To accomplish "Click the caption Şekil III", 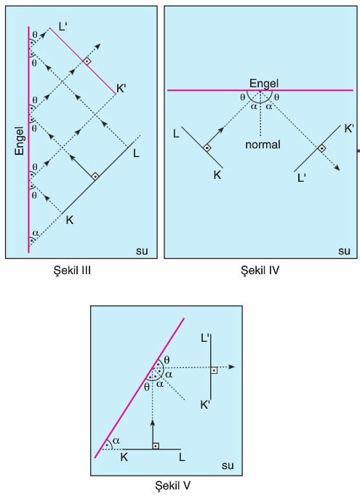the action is tap(73, 271).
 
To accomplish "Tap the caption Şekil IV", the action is tap(260, 271).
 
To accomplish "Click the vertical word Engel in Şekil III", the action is tap(20, 141).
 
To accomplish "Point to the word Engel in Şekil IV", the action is tap(264, 84).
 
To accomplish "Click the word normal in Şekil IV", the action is tap(263, 145).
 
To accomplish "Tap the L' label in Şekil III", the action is tap(63, 27).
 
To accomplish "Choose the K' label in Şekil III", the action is tap(121, 89).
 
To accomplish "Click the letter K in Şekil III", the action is tap(70, 220).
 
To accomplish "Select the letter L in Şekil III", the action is tap(136, 153).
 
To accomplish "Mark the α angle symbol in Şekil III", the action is tap(36, 233).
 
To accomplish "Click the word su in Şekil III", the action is tap(142, 251).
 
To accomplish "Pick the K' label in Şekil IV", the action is tap(348, 129).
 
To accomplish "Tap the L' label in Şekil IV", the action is tap(302, 178).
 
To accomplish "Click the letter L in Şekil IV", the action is tap(176, 134).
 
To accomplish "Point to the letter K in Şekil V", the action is tap(124, 457).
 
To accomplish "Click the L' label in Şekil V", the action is tap(204, 338).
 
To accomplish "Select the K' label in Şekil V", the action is tap(205, 405).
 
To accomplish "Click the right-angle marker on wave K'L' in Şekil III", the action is tap(87, 61).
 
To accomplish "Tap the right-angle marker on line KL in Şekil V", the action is tap(156, 446).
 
